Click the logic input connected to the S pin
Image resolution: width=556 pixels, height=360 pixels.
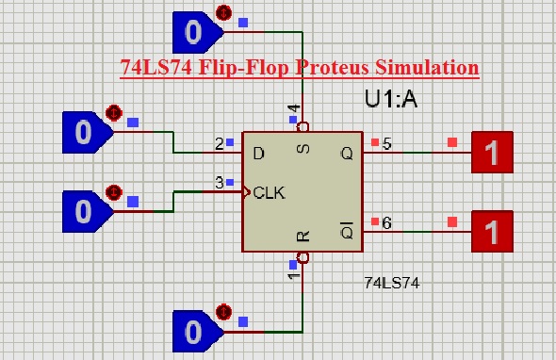(x=194, y=33)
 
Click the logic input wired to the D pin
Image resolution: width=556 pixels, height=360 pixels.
(x=84, y=133)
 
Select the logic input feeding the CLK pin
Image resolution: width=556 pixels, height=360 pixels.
(x=84, y=208)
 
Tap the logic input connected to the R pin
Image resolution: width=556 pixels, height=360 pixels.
(x=194, y=331)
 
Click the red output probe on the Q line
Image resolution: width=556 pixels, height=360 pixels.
(x=492, y=151)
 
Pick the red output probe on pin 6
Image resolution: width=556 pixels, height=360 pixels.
(x=492, y=231)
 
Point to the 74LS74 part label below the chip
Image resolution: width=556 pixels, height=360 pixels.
(x=392, y=282)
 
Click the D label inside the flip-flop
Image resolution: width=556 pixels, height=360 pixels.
(x=258, y=151)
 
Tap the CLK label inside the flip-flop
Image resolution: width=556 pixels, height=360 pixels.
(x=270, y=192)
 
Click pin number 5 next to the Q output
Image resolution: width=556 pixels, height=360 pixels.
(x=387, y=144)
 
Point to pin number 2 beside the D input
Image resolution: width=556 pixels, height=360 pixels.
(x=219, y=144)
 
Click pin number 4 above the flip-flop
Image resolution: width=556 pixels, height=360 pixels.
(x=293, y=109)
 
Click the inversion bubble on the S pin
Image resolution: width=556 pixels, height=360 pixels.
(x=303, y=125)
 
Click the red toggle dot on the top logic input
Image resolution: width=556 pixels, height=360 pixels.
(x=223, y=12)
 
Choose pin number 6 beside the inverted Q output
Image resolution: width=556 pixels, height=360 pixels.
(x=387, y=223)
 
